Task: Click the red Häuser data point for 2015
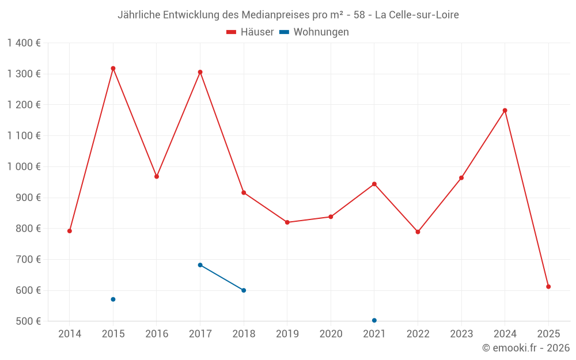[113, 69]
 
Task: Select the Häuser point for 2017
[200, 72]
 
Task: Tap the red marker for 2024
[505, 111]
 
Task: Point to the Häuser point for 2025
[548, 287]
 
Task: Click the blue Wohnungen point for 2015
[113, 300]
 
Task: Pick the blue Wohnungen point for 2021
[374, 320]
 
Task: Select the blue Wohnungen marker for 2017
[200, 265]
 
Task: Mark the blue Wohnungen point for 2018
[244, 290]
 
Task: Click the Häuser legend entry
[250, 32]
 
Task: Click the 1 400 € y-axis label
[24, 43]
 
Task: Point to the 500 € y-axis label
[28, 321]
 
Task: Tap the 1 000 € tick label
[24, 166]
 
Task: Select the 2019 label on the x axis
[287, 334]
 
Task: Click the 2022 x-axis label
[418, 334]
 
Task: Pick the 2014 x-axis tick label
[70, 334]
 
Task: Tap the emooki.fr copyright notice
[525, 348]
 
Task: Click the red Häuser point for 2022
[418, 232]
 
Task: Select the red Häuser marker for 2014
[70, 231]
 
